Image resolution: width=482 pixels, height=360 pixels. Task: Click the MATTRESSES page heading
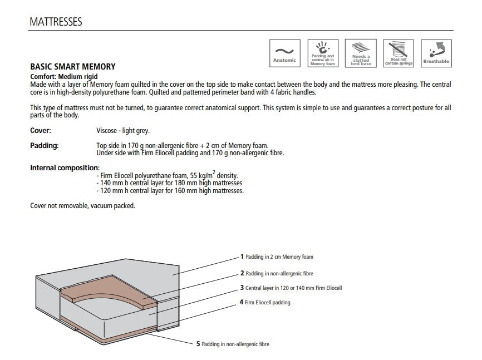tap(55, 22)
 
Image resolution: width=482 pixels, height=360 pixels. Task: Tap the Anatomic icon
tap(284, 53)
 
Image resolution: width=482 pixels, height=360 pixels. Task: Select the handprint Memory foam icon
tap(322, 53)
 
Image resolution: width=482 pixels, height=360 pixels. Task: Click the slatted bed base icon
tap(361, 53)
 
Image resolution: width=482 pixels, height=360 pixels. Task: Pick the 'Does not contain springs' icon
tap(399, 53)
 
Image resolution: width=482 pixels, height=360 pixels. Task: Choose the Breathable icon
tap(436, 53)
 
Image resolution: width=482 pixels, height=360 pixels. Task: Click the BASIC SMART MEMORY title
tap(72, 67)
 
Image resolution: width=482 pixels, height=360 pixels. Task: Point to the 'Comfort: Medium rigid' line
tap(63, 76)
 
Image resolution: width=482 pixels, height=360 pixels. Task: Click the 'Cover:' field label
tap(40, 130)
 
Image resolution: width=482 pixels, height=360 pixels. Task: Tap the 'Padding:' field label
tap(44, 145)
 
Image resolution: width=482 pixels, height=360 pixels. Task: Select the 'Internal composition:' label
tap(65, 167)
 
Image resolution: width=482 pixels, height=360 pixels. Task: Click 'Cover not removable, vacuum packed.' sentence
tap(82, 205)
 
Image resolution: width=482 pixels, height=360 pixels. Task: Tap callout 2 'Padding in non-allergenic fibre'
tap(277, 273)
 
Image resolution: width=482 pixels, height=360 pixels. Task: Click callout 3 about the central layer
tap(291, 288)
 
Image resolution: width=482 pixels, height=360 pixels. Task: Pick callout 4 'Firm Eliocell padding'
tap(265, 303)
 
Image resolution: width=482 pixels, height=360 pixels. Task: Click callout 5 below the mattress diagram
tap(232, 344)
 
